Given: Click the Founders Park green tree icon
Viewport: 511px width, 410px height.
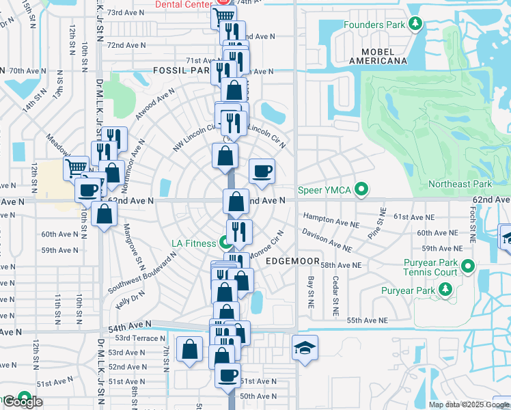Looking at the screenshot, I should pyautogui.click(x=415, y=25).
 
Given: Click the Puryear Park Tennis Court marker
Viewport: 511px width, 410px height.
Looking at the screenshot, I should pyautogui.click(x=468, y=266).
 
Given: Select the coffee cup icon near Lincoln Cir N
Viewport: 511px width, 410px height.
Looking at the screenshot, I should pyautogui.click(x=262, y=170).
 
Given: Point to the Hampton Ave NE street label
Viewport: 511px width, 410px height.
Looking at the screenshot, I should pyautogui.click(x=331, y=220).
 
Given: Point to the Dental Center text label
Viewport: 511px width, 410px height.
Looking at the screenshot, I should pyautogui.click(x=180, y=4).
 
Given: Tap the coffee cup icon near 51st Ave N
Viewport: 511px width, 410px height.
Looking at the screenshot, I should pyautogui.click(x=227, y=374).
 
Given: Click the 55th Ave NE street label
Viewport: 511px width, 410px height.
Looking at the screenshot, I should pyautogui.click(x=367, y=320).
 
